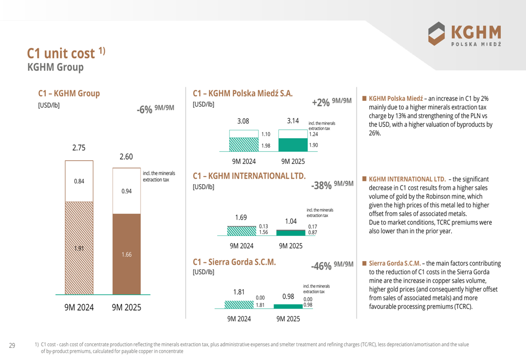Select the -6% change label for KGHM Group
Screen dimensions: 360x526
point(145,109)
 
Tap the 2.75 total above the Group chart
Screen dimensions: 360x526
point(79,148)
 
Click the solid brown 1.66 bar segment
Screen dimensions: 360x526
point(126,254)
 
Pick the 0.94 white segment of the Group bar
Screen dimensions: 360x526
point(126,191)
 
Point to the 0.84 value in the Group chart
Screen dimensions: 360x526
point(79,181)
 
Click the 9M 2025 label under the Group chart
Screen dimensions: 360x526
point(126,307)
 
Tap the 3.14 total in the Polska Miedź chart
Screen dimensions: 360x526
point(293,121)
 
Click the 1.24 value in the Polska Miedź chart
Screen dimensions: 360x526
point(313,134)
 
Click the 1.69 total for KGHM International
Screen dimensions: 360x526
point(241,217)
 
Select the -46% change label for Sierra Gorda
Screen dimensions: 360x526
point(321,266)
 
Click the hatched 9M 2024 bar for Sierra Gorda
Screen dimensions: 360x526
point(239,304)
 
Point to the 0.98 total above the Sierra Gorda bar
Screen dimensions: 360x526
point(288,296)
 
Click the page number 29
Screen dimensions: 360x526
point(12,345)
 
